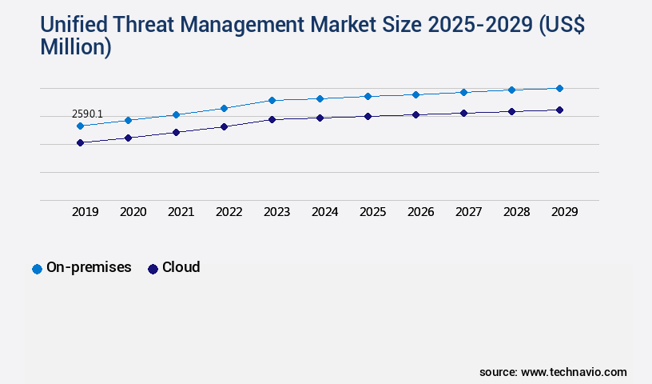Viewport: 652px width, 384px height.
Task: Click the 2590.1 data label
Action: tap(87, 114)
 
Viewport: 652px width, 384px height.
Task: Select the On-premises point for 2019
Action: tap(80, 126)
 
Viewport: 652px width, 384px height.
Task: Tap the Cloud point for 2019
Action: tap(80, 142)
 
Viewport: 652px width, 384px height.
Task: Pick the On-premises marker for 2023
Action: tap(272, 100)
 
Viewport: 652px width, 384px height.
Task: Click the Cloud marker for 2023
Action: tap(272, 119)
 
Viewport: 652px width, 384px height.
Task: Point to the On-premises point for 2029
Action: tap(559, 88)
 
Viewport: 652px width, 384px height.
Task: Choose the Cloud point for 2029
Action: tap(559, 110)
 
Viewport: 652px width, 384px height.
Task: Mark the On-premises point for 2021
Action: tap(176, 114)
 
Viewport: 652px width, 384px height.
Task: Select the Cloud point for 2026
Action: tap(415, 114)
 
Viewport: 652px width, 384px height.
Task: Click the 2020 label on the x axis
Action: tap(133, 212)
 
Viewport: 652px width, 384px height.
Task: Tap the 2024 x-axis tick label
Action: tap(325, 212)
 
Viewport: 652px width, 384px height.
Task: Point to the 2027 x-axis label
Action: tap(469, 212)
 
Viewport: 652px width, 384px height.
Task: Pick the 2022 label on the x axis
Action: tap(229, 212)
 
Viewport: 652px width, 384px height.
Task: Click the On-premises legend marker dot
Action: tap(37, 269)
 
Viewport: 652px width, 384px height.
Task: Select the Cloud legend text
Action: tap(181, 267)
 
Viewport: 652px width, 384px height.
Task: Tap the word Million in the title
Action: tap(71, 47)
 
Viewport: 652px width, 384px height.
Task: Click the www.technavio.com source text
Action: tap(574, 372)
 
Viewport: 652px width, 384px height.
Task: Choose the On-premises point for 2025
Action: tap(368, 96)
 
